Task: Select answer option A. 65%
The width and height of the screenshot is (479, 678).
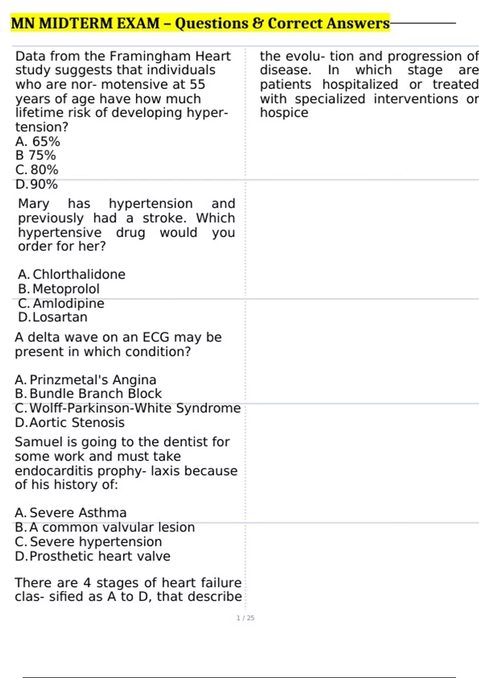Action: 38,142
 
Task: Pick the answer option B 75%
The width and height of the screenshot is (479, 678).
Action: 36,156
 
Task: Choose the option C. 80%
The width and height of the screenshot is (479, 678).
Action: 37,170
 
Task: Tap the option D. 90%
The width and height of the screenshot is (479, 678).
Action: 36,184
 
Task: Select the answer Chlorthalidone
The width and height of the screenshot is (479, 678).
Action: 79,274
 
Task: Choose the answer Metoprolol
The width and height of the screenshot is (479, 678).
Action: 66,289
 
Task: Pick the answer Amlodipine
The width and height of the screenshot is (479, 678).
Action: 68,304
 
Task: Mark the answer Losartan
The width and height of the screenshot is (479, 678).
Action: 60,317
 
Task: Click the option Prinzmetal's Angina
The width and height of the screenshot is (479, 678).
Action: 93,380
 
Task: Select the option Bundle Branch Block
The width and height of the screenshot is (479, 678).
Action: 95,394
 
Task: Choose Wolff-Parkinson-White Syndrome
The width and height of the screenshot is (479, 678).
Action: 135,408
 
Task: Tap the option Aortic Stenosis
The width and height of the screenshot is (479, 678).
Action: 77,422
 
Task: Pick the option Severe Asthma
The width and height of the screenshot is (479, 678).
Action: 78,512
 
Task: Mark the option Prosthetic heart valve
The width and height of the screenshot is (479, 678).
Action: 100,556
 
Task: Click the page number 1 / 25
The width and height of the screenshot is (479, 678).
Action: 245,618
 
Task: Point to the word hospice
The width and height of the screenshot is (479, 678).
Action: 284,113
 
